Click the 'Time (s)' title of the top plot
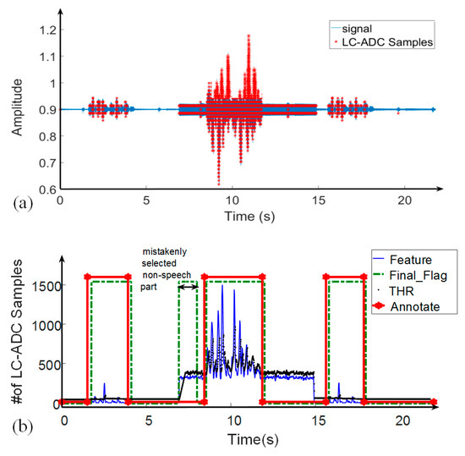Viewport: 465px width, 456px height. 246,217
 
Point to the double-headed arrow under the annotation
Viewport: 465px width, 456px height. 188,287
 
